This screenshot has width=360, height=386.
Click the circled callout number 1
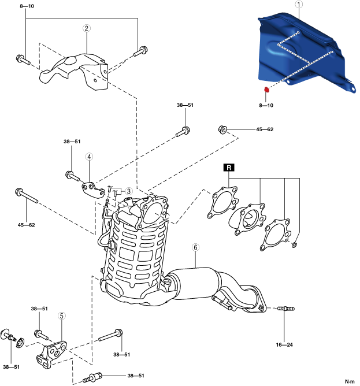coord(298,5)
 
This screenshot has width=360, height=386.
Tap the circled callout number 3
coord(129,191)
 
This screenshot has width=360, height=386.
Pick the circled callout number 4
coord(90,157)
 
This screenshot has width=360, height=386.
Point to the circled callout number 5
coord(61,316)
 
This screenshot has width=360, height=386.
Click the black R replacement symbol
coord(229,168)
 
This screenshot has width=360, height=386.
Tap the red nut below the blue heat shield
coord(267,90)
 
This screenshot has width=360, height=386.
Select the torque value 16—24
coord(284,345)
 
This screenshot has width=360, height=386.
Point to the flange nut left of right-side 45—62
coord(222,129)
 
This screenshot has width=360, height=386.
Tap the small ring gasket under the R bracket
coord(295,246)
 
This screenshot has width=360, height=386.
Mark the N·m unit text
coord(350,381)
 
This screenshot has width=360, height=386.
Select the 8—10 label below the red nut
coord(267,106)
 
